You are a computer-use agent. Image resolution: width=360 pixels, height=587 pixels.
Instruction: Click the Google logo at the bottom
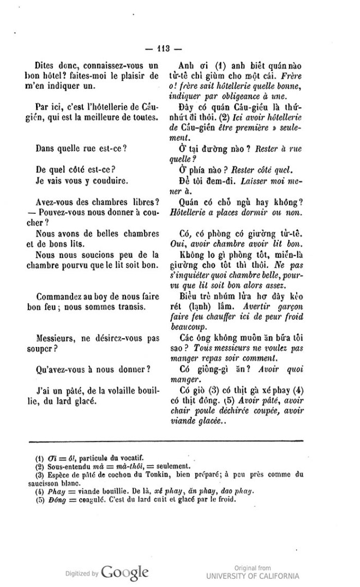[125, 573]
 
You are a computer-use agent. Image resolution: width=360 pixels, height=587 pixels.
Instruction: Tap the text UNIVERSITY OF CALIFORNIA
[253, 576]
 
